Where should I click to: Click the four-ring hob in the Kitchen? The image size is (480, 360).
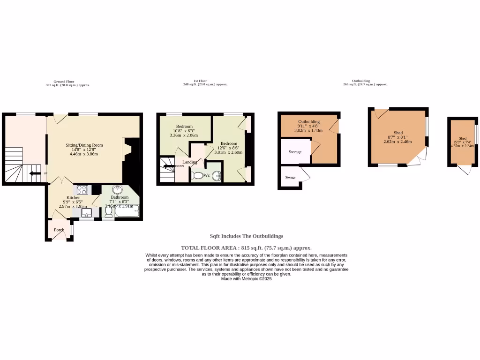point(82,190)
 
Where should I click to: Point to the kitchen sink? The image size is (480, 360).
point(86,213)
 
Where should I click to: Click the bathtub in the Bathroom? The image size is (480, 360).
point(127,212)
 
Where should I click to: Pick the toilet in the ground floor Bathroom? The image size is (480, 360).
point(109,212)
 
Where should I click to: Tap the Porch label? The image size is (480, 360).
point(59,230)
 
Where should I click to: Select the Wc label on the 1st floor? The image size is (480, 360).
point(206,175)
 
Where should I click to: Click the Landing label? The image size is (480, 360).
point(190,162)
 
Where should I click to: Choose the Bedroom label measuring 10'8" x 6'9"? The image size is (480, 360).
point(184,127)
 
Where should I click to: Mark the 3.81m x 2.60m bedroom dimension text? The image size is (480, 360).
point(229,152)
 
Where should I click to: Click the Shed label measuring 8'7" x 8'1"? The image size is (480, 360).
point(398,133)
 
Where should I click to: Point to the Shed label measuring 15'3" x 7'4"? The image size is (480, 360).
point(463,139)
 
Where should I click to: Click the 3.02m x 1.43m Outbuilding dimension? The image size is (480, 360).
point(309,131)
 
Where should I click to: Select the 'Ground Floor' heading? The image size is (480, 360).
point(64,82)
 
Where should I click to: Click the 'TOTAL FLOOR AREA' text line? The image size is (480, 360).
point(246,248)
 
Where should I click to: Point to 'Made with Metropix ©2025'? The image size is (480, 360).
point(246,278)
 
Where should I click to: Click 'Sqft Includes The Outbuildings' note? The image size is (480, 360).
point(246,236)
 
